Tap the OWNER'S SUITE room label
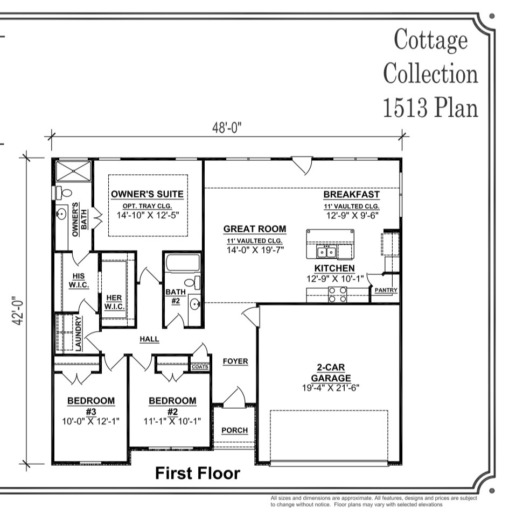point(147,194)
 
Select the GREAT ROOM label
point(255,229)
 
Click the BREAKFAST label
point(351,195)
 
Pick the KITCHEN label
point(334,268)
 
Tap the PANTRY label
point(386,290)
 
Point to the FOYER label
point(235,361)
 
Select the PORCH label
point(234,430)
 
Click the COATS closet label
point(200,367)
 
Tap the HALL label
point(149,339)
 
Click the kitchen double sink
point(327,252)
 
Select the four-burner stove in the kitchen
point(338,295)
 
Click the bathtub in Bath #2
point(183,263)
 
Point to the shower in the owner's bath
point(73,170)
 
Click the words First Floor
point(197,473)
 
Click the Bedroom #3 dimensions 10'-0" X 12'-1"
point(90,421)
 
